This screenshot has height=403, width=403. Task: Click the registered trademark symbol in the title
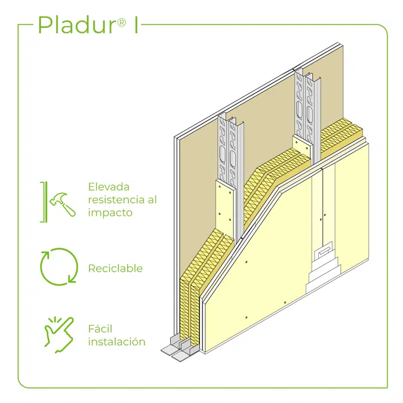[x=122, y=23]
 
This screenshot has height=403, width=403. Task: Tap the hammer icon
[x=63, y=204]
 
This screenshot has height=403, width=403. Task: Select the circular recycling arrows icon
[x=59, y=266]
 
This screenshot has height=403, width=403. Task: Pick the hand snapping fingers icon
[x=59, y=335]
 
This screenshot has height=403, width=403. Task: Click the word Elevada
[x=109, y=187]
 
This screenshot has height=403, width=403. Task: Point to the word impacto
[x=110, y=213]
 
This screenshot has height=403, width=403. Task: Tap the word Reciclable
[x=115, y=268]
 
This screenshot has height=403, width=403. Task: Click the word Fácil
[x=100, y=328]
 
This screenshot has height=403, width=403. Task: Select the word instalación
[x=116, y=342]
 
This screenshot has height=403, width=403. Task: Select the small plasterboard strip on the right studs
[x=303, y=149]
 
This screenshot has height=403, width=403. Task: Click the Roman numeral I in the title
[x=136, y=24]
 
